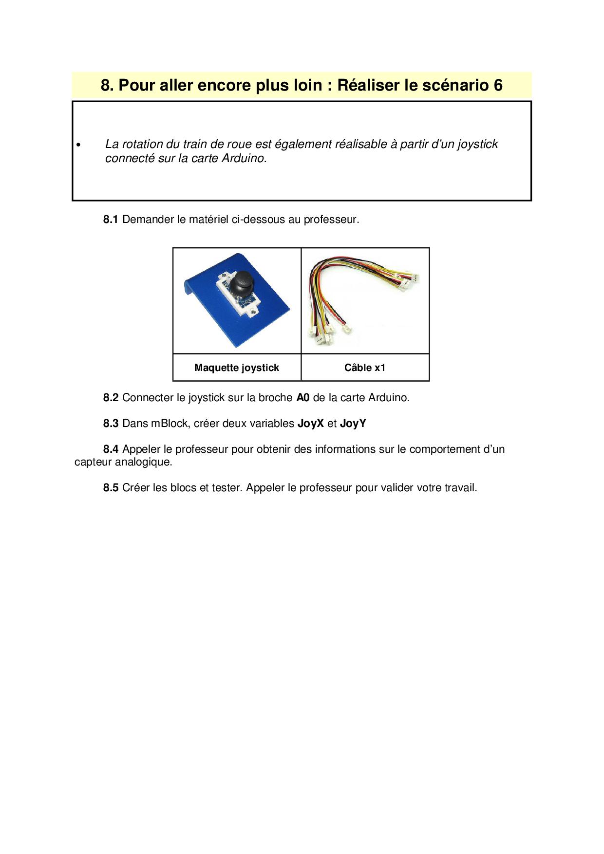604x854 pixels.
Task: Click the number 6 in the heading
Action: coord(497,85)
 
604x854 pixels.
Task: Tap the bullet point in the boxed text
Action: coord(78,145)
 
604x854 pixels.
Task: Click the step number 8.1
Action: coord(111,220)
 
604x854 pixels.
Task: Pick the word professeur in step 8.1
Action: coord(331,220)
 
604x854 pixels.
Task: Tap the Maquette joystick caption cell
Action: coord(237,368)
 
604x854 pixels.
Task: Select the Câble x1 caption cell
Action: coord(365,368)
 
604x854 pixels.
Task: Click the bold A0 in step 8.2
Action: coord(303,398)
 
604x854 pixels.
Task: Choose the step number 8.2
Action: coord(111,398)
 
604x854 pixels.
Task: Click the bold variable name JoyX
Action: coord(310,424)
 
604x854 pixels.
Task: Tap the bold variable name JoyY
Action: coord(353,424)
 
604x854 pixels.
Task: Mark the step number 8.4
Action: coord(111,449)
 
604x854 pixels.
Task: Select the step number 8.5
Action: coord(111,488)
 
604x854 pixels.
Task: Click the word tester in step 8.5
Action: coord(226,488)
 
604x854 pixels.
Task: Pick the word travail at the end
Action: coord(460,488)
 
